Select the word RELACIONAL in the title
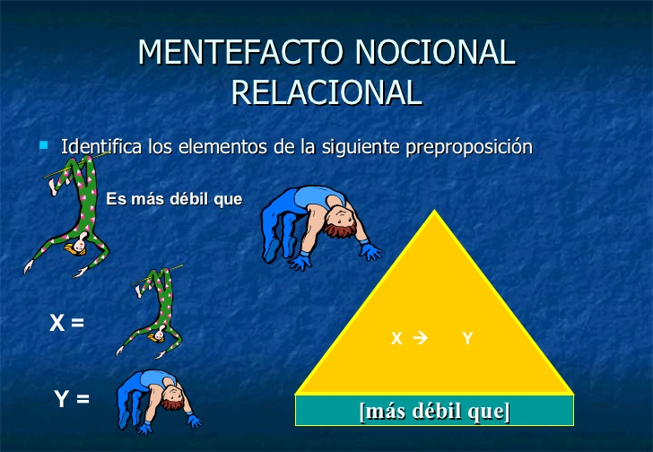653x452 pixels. point(326,92)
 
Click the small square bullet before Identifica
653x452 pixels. point(43,143)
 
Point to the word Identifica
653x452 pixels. point(100,145)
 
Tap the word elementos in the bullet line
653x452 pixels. point(231,145)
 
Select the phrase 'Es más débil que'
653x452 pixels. point(174,199)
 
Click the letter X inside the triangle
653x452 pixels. point(396,338)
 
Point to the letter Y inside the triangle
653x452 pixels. point(467,338)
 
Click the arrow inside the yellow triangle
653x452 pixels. point(420,338)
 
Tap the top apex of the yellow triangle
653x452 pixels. point(435,213)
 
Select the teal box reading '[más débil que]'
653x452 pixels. point(434,411)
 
